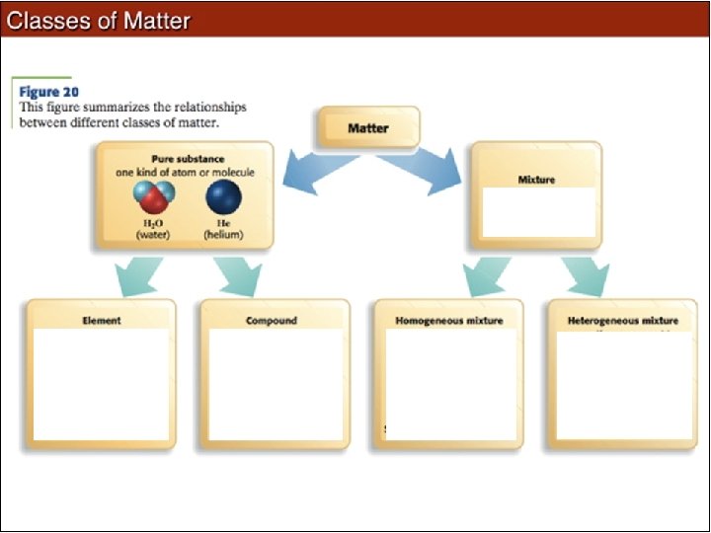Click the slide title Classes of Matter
tap(98, 20)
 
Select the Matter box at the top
tap(367, 127)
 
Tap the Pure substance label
tap(187, 158)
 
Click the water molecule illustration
tap(152, 198)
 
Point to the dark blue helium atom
tap(222, 197)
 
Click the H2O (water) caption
tap(152, 230)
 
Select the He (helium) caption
tap(222, 230)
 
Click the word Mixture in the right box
tap(536, 180)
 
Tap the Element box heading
tap(102, 321)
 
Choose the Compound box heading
tap(272, 321)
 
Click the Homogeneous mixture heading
tap(448, 321)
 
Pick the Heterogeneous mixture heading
tap(622, 321)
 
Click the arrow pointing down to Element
tap(138, 275)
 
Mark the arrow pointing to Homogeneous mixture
tap(487, 275)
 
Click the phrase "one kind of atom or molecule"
tap(185, 172)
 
